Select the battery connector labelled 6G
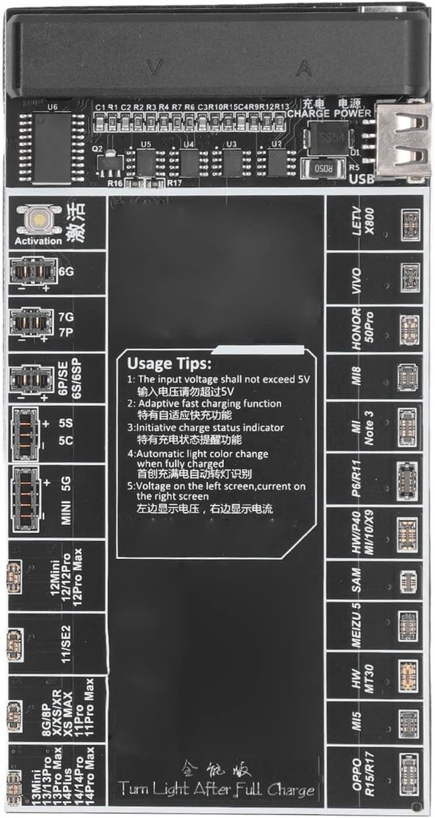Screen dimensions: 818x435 click(31, 272)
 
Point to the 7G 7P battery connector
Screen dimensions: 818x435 click(31, 322)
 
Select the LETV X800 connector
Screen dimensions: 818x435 click(410, 221)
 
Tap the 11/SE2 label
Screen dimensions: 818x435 click(67, 641)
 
